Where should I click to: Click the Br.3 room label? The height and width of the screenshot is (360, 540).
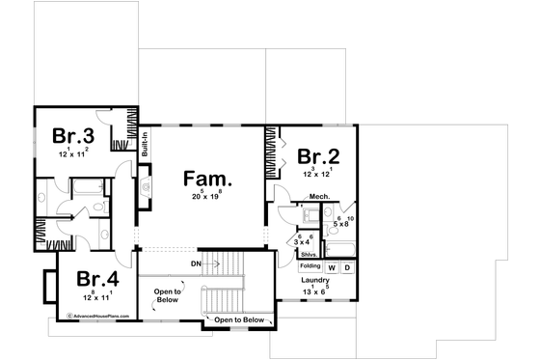[x=72, y=135]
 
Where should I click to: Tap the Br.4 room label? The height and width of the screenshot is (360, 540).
[x=97, y=279]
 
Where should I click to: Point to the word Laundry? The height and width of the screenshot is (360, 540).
[x=316, y=281]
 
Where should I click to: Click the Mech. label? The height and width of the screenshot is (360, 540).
[x=320, y=198]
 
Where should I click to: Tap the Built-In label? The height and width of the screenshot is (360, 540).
[x=145, y=144]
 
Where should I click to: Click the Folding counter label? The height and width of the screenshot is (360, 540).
[x=310, y=265]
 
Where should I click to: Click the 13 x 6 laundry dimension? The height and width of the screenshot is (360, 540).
[x=315, y=291]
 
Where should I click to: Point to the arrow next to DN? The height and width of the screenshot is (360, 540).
[x=219, y=263]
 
